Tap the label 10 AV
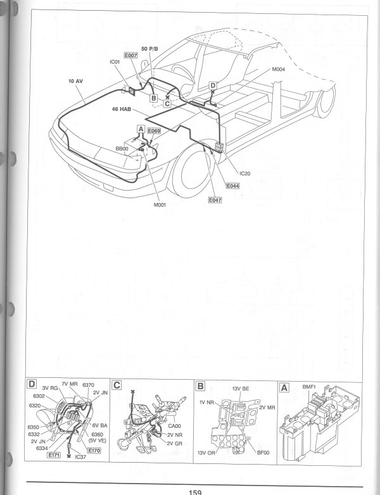75,82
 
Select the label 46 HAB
121,109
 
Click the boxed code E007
131,56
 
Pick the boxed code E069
154,130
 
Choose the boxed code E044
232,187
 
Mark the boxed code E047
216,199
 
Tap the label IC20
246,173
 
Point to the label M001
159,204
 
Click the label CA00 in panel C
175,425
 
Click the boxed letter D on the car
213,85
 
